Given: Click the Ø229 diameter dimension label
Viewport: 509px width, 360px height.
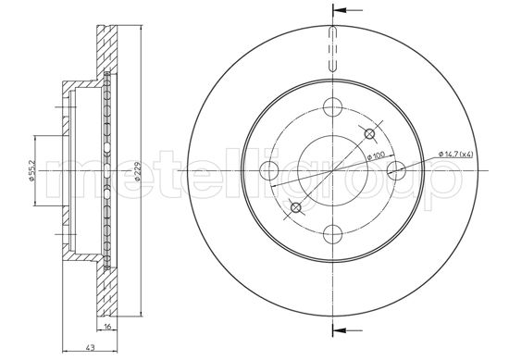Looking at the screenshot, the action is click(138, 171).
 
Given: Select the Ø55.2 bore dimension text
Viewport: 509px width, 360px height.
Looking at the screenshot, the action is click(31, 171).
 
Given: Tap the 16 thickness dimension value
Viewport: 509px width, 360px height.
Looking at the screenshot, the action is click(107, 326).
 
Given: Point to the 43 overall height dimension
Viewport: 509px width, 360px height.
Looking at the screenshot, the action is click(91, 347).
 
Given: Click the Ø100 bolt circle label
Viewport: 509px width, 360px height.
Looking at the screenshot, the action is click(376, 155).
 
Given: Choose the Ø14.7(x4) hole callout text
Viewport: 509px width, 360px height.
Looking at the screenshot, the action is click(455, 155).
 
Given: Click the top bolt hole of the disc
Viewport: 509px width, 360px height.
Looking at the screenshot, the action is click(333, 107).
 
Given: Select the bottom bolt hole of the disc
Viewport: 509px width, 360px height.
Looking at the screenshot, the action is click(333, 234).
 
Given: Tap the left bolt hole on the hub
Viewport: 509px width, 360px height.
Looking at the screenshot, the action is click(269, 171).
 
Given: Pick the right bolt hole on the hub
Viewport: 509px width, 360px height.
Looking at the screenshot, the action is click(397, 171).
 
